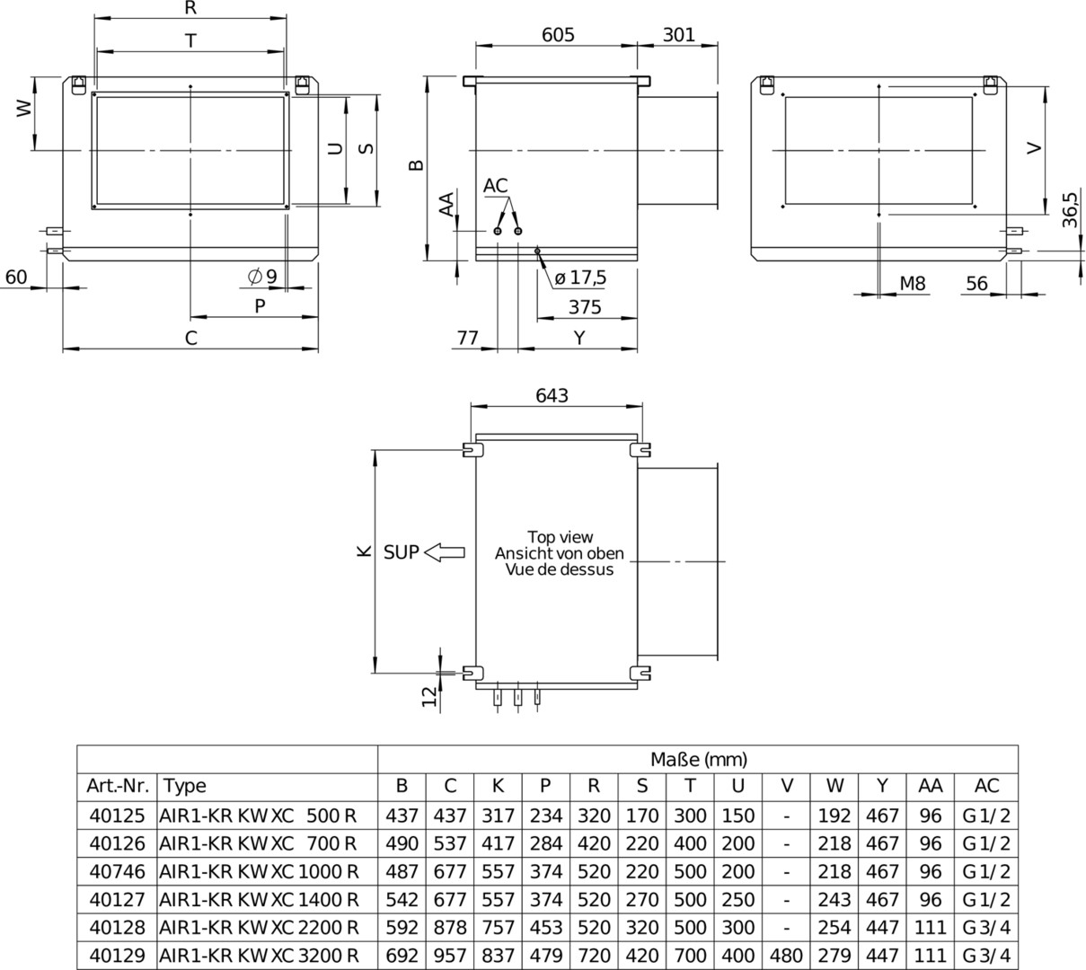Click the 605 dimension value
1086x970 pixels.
tap(558, 35)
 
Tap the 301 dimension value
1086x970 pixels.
tap(678, 35)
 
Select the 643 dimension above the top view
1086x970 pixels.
tap(552, 395)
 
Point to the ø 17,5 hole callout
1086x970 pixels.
tap(580, 278)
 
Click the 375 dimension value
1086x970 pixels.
tap(585, 307)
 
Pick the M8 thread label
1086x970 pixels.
tap(913, 283)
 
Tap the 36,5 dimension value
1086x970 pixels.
tap(1070, 209)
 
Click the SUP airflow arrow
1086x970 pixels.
tap(445, 552)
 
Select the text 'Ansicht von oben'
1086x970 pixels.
tap(559, 553)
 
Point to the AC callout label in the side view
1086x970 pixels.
tap(495, 185)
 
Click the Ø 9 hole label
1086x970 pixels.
tap(262, 277)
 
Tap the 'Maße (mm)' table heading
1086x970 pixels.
tap(699, 760)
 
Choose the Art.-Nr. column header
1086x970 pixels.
tap(118, 786)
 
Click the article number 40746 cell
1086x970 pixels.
tap(118, 871)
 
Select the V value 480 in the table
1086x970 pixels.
tap(786, 956)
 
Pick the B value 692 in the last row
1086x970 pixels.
tap(402, 956)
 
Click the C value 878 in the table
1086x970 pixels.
tap(450, 928)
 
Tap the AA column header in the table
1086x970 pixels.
tap(930, 786)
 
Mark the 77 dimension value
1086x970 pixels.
tap(467, 338)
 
